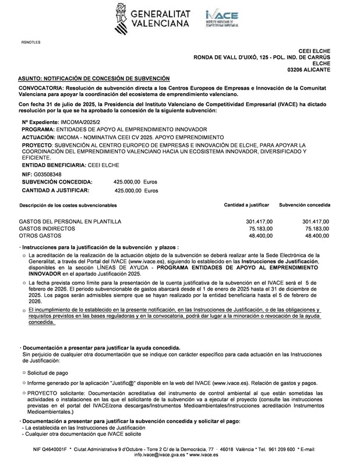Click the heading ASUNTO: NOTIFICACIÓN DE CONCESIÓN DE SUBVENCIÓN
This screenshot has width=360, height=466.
94,78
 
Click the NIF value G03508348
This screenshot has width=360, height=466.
47,174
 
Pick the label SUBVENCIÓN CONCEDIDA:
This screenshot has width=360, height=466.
57,182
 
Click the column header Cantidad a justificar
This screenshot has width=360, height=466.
246,206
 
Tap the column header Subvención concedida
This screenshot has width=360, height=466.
305,206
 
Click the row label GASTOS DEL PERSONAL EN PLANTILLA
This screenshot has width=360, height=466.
70,221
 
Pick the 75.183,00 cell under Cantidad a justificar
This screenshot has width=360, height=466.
260,229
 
